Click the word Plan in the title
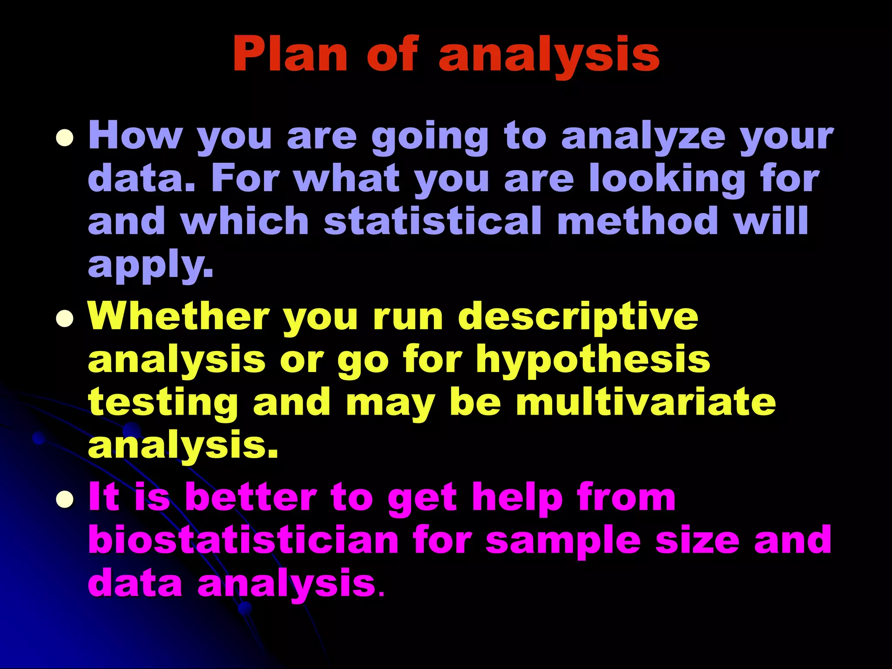(290, 54)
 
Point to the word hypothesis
(593, 360)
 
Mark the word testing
(163, 403)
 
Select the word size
(697, 540)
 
